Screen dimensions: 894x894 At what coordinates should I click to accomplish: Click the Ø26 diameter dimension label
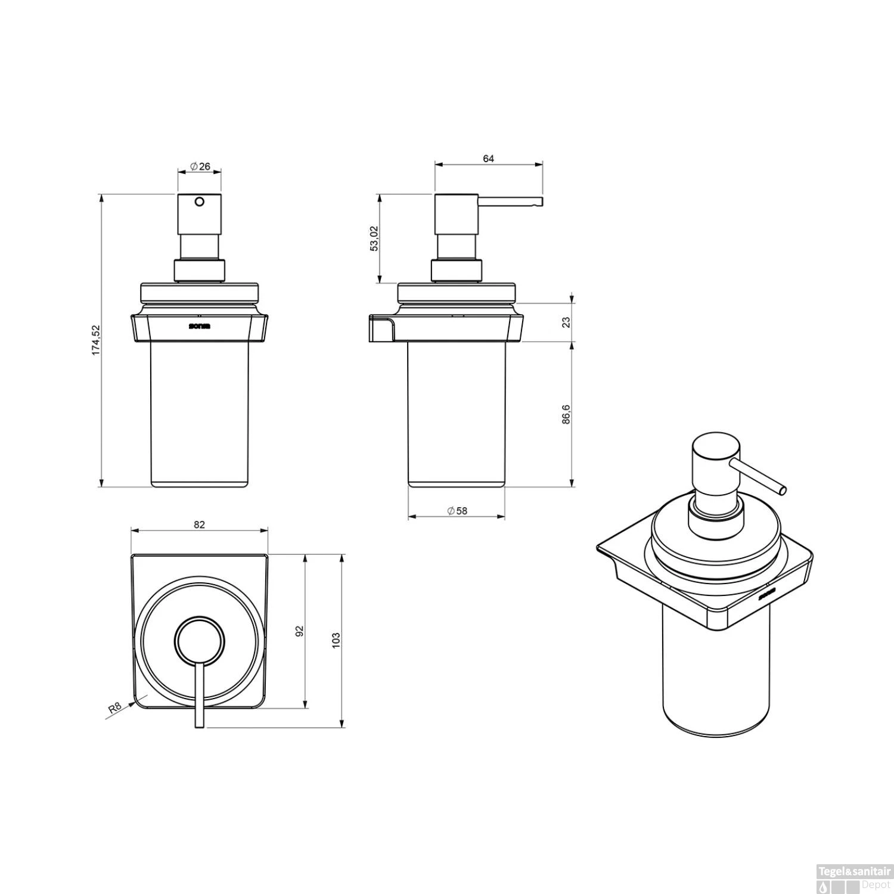200,167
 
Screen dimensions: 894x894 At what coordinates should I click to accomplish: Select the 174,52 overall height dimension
96,340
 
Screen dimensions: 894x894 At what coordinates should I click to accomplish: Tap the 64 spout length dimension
489,159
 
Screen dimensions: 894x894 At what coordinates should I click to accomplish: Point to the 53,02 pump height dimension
374,238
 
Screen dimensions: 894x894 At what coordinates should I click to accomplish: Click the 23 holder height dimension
566,322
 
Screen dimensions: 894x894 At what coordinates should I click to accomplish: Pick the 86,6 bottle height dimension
566,414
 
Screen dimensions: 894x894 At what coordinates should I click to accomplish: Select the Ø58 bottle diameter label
457,511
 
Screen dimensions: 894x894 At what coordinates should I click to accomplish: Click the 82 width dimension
199,524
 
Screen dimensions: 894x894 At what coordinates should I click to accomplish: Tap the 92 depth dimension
300,631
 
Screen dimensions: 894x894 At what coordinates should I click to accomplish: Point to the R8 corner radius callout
114,708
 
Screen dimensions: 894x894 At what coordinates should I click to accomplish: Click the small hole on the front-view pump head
200,201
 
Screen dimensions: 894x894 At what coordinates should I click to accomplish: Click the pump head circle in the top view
200,641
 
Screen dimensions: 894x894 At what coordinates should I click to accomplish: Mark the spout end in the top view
200,724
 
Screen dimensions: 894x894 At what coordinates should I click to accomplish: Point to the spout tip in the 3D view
783,491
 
